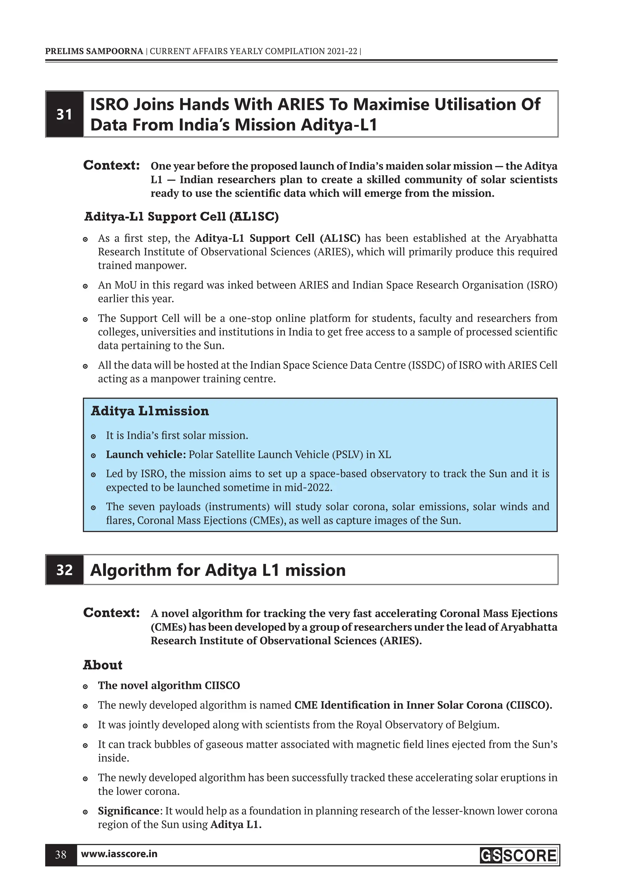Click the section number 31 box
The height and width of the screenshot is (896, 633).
point(64,114)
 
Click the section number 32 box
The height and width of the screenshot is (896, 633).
point(64,570)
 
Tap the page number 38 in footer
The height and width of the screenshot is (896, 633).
point(61,855)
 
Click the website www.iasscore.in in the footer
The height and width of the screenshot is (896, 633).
point(119,854)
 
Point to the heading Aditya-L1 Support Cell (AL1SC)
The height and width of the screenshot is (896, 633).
point(181,216)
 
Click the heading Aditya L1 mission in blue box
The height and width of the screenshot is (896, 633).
point(150,411)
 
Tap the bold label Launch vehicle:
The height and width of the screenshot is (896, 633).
point(146,455)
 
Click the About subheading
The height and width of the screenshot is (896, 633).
point(103,665)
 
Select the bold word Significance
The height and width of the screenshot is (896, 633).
point(128,811)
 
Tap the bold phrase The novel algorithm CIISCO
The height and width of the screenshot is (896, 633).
point(169,686)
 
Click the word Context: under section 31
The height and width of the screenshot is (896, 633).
point(112,165)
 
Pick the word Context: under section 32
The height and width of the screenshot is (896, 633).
point(112,613)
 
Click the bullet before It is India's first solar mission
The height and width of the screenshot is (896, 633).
point(93,436)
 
